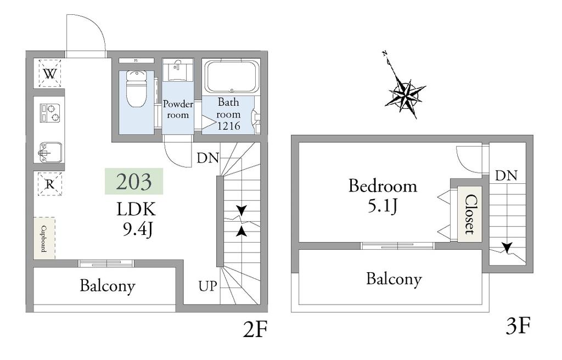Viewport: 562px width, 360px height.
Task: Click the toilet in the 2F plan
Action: [136, 88]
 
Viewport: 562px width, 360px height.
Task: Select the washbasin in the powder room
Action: [177, 70]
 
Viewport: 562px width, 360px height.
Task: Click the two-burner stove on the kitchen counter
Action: [50, 113]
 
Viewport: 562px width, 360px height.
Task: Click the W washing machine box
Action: [50, 74]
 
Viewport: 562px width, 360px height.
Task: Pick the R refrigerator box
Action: [50, 184]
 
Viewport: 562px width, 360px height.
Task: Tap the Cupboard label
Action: [44, 239]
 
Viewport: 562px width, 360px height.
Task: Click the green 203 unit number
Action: [134, 182]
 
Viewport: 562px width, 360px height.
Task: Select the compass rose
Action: [405, 93]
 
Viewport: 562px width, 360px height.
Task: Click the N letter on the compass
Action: [385, 54]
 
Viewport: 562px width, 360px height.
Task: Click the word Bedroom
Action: [383, 186]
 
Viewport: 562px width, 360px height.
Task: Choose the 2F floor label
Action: [256, 329]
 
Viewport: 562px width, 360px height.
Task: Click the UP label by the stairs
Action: [208, 286]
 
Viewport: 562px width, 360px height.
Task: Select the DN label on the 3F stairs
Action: [507, 176]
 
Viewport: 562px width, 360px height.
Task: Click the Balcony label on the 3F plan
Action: [394, 279]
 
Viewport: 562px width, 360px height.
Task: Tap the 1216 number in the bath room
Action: [229, 126]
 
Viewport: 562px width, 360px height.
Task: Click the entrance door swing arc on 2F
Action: [96, 25]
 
